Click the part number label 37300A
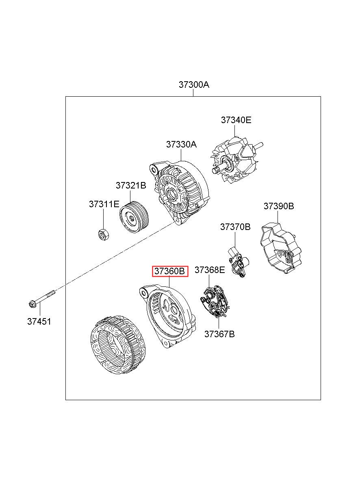click(x=194, y=85)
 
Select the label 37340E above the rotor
click(x=236, y=120)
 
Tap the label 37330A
click(x=181, y=145)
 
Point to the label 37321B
click(x=131, y=186)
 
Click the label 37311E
click(x=104, y=204)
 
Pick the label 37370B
click(x=235, y=227)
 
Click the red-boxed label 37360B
click(x=170, y=271)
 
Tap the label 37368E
click(x=210, y=270)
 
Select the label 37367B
click(x=219, y=334)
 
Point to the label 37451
click(x=39, y=322)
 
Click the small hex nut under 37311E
click(x=104, y=234)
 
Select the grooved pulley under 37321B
click(x=134, y=217)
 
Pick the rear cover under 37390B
click(x=280, y=248)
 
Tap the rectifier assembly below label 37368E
click(x=215, y=302)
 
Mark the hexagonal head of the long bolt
click(x=32, y=304)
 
